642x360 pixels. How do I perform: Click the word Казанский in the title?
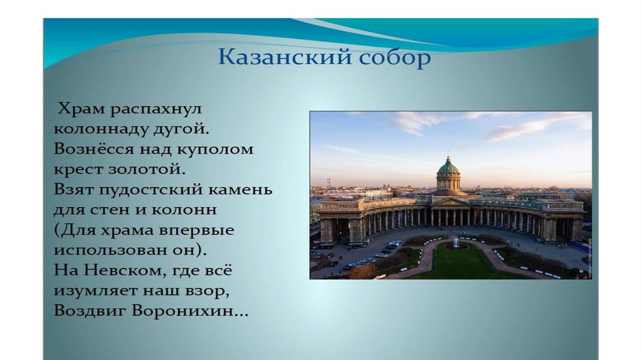(285, 56)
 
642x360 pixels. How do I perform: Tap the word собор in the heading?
(395, 57)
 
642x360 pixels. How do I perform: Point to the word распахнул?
(156, 110)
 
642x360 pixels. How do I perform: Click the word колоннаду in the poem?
(101, 129)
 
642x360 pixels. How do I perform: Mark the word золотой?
(147, 169)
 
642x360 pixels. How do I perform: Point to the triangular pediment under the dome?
(450, 202)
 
